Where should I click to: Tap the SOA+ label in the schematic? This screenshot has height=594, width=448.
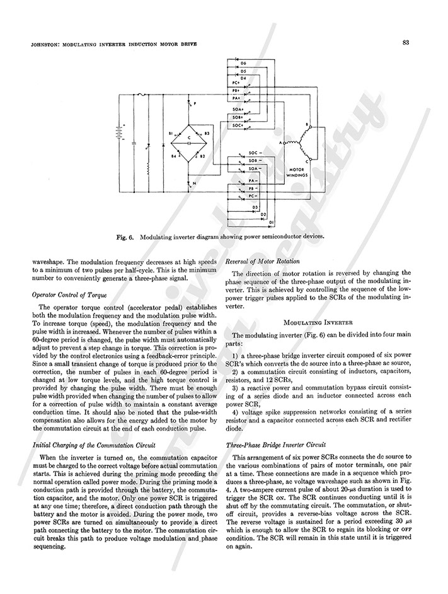click(x=238, y=109)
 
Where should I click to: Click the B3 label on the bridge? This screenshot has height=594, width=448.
click(x=207, y=134)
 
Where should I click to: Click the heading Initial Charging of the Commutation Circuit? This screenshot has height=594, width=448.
click(x=94, y=444)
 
